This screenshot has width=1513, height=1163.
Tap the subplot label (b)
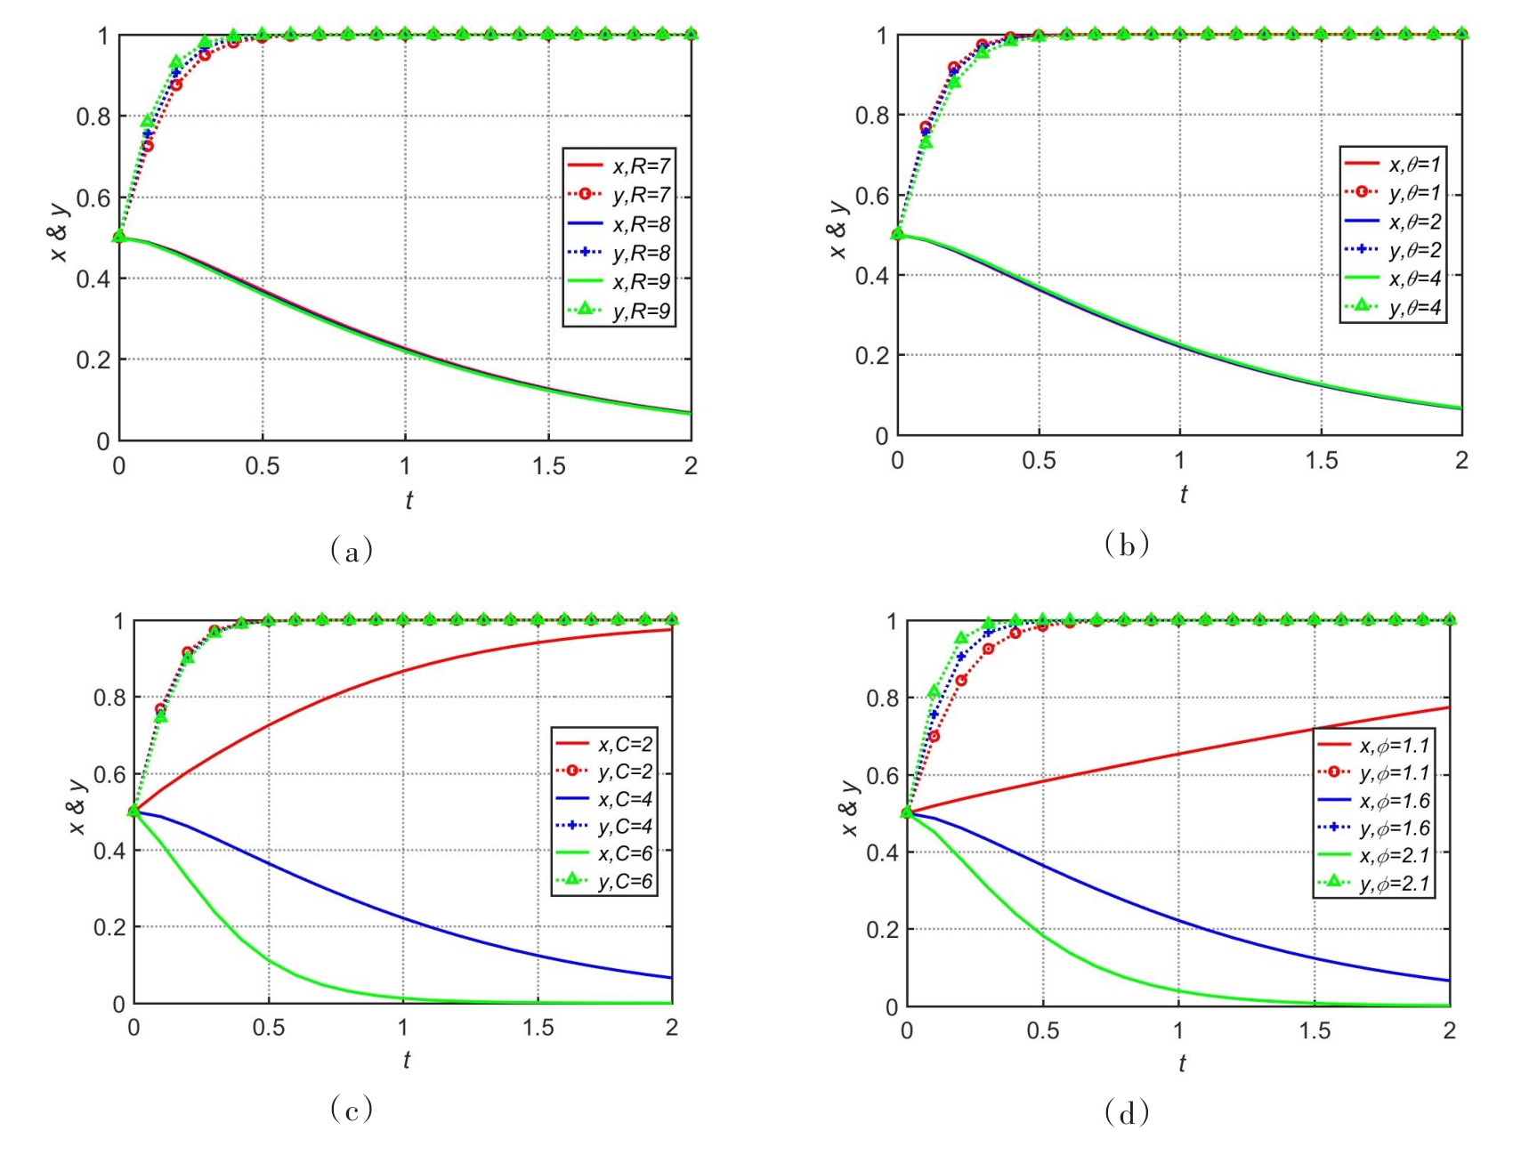pos(1127,544)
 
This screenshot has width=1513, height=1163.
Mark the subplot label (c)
pos(352,1109)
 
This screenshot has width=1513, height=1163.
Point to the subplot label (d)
pos(1127,1112)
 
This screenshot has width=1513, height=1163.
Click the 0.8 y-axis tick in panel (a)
pos(93,117)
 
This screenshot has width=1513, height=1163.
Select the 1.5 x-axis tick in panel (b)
pos(1321,460)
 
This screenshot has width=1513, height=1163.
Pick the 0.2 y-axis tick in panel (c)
pos(109,927)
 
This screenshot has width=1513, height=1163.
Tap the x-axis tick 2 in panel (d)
pos(1449,1030)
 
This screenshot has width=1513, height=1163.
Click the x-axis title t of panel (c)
pos(406,1060)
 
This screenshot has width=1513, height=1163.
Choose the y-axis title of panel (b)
pos(838,230)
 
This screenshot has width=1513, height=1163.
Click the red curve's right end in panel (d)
pos(1449,707)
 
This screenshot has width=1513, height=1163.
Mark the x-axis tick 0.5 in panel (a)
pos(262,466)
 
